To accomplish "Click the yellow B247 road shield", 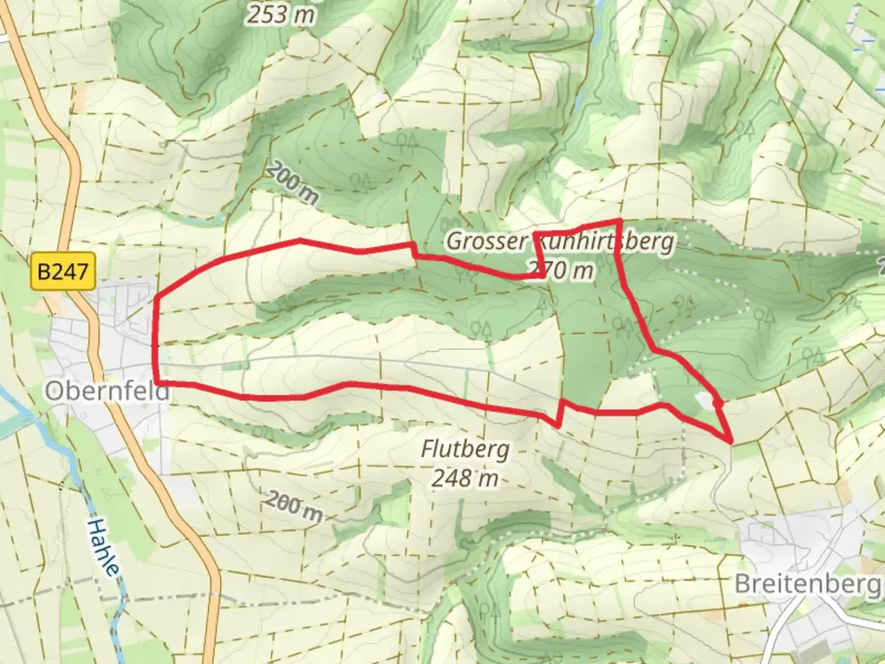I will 63,271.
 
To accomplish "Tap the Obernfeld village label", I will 107,391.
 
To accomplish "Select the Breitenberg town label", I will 808,583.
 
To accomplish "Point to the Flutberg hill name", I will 465,449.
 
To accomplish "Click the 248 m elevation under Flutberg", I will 464,478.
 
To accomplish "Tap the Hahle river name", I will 103,547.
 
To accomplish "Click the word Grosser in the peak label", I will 486,241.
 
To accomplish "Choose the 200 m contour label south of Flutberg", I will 293,507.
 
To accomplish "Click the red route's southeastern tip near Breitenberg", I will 731,441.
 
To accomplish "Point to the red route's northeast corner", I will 618,221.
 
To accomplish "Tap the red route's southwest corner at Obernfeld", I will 159,382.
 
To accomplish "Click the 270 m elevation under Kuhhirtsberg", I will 562,269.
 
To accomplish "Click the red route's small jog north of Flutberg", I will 560,412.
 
